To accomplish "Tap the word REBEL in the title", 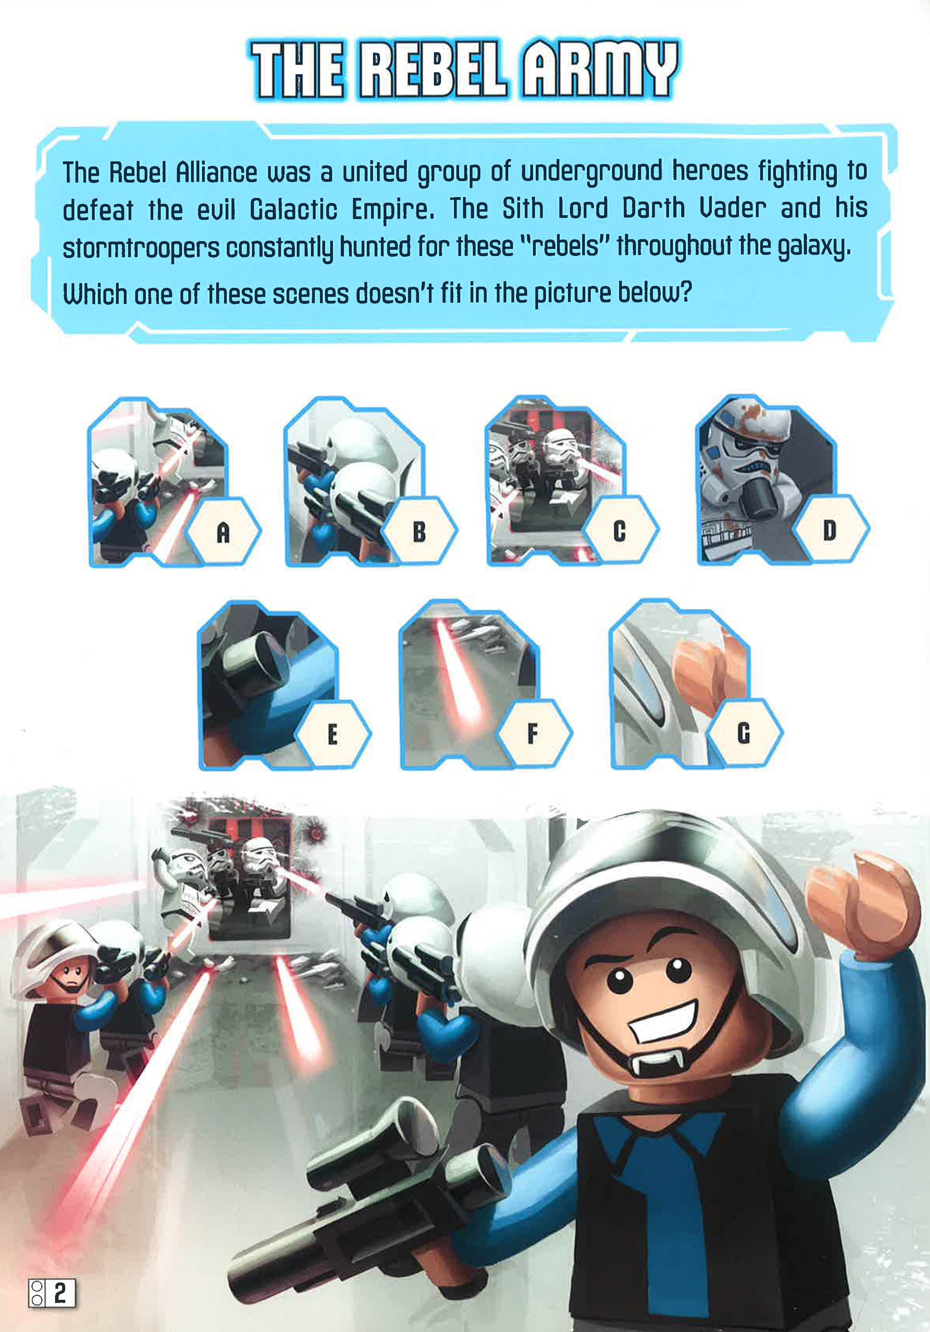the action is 432,70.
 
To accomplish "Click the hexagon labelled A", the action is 223,531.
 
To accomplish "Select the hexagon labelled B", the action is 419,531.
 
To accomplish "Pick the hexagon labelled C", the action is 619,531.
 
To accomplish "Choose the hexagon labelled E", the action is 333,734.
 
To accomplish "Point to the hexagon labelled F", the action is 533,734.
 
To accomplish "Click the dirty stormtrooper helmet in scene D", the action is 746,458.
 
